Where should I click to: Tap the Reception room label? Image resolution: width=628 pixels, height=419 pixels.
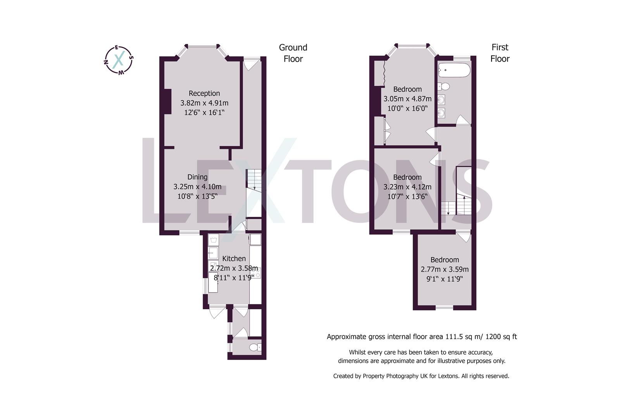[204, 93]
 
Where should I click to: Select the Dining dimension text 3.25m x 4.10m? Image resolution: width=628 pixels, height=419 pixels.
[197, 187]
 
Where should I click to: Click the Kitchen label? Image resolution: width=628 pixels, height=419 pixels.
[234, 258]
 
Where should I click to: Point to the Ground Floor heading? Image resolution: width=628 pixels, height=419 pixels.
[293, 53]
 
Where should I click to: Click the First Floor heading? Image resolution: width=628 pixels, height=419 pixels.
[500, 53]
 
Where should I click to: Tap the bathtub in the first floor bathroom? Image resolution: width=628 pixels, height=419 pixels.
[454, 71]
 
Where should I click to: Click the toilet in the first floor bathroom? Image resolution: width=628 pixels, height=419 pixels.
[444, 86]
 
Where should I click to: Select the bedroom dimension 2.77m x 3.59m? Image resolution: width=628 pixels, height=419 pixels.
[445, 269]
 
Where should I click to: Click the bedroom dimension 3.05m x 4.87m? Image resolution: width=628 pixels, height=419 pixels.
[407, 99]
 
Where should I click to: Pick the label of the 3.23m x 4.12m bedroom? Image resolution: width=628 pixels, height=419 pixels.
[407, 177]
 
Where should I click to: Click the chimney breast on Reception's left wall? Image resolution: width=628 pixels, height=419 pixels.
[167, 101]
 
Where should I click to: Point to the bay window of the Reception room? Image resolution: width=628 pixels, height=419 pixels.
[202, 47]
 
